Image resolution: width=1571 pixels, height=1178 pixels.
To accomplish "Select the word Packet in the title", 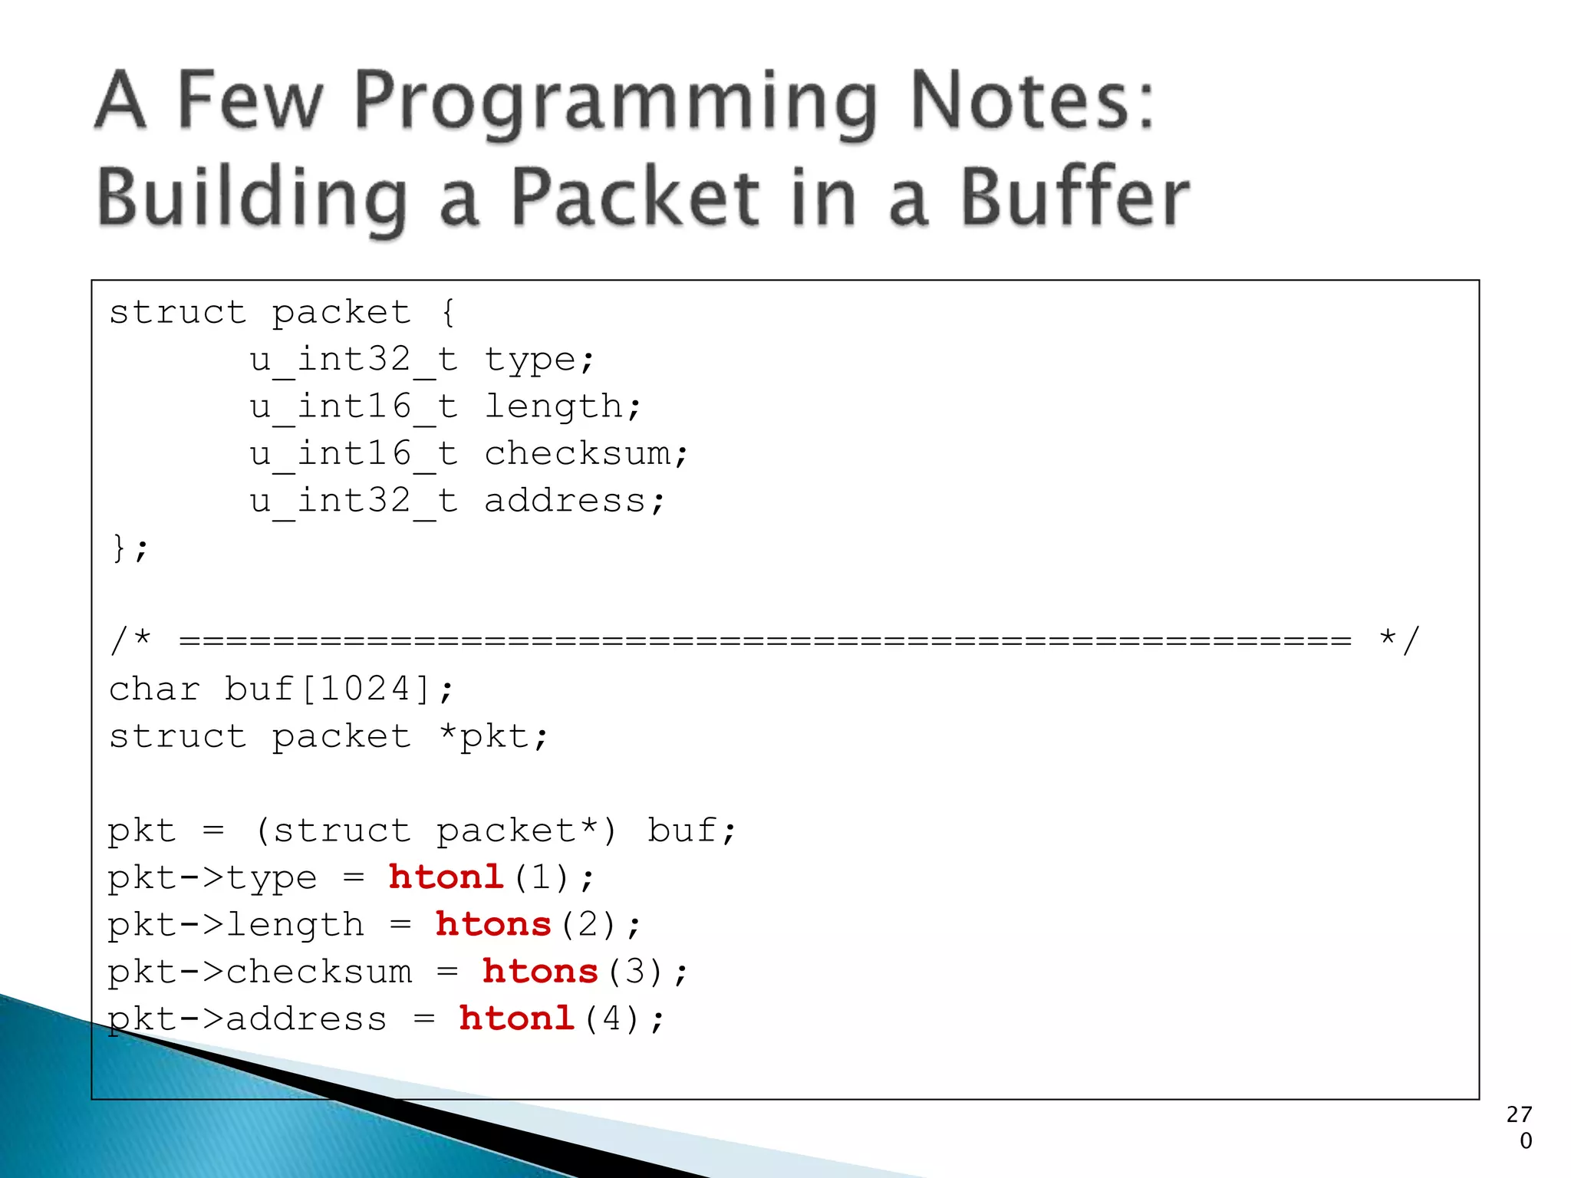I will [x=635, y=198].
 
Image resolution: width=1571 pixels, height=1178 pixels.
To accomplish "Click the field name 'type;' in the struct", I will [x=539, y=360].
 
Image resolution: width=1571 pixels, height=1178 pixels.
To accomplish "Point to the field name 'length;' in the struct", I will [x=562, y=406].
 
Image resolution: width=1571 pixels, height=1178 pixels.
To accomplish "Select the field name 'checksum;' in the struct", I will [x=586, y=453].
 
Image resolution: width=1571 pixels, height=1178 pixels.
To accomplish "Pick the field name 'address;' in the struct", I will [x=574, y=501].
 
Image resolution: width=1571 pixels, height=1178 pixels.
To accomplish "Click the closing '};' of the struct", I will [x=129, y=548].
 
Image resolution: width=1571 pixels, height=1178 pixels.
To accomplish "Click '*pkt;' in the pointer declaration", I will [x=493, y=736].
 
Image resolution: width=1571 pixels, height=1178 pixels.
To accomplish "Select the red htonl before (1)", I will [x=446, y=877].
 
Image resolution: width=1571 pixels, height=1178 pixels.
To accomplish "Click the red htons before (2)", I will [x=493, y=924].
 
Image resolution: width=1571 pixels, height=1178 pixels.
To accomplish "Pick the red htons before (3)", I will [x=540, y=972].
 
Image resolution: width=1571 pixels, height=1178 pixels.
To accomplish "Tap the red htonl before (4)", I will [x=516, y=1018].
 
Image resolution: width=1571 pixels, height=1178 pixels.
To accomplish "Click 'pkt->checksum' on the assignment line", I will [x=259, y=972].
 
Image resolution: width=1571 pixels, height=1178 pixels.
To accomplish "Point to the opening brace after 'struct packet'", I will [x=448, y=312].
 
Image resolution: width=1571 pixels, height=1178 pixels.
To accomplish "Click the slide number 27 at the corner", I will [x=1519, y=1114].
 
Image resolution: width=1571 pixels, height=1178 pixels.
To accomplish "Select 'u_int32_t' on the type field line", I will [x=354, y=360].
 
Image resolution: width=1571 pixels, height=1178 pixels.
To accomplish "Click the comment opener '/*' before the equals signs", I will [x=130, y=640].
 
